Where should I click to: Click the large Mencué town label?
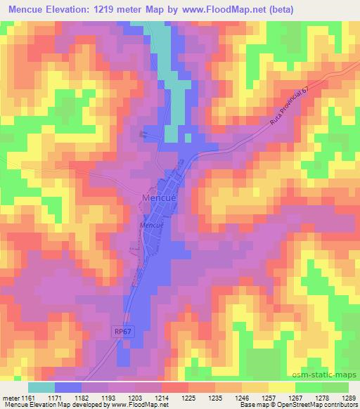click(x=163, y=197)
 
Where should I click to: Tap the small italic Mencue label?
click(x=151, y=225)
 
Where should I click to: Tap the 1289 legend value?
click(x=349, y=398)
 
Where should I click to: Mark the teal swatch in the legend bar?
click(x=41, y=387)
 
